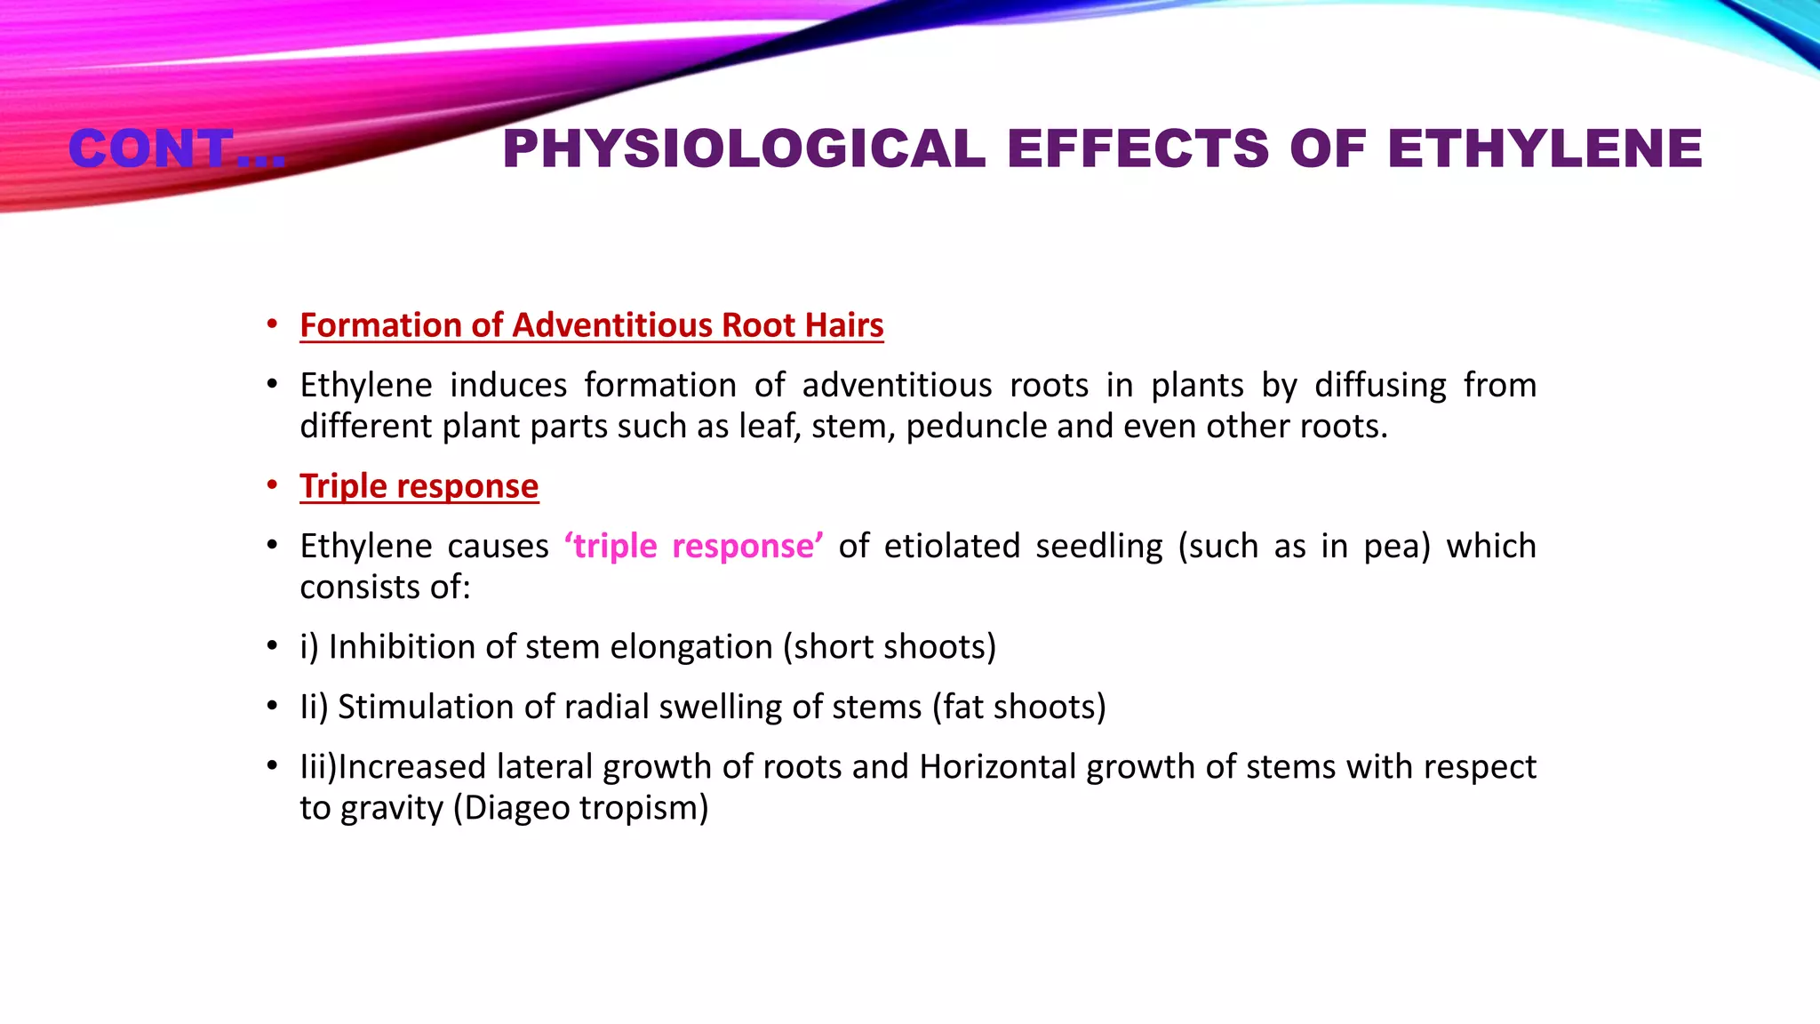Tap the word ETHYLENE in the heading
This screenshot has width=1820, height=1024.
1545,148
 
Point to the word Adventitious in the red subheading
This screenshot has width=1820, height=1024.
612,325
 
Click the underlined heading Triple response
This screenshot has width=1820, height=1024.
419,486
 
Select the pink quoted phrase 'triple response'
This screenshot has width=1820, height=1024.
693,546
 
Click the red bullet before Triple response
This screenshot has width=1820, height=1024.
273,486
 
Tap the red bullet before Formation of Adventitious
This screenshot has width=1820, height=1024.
273,325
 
